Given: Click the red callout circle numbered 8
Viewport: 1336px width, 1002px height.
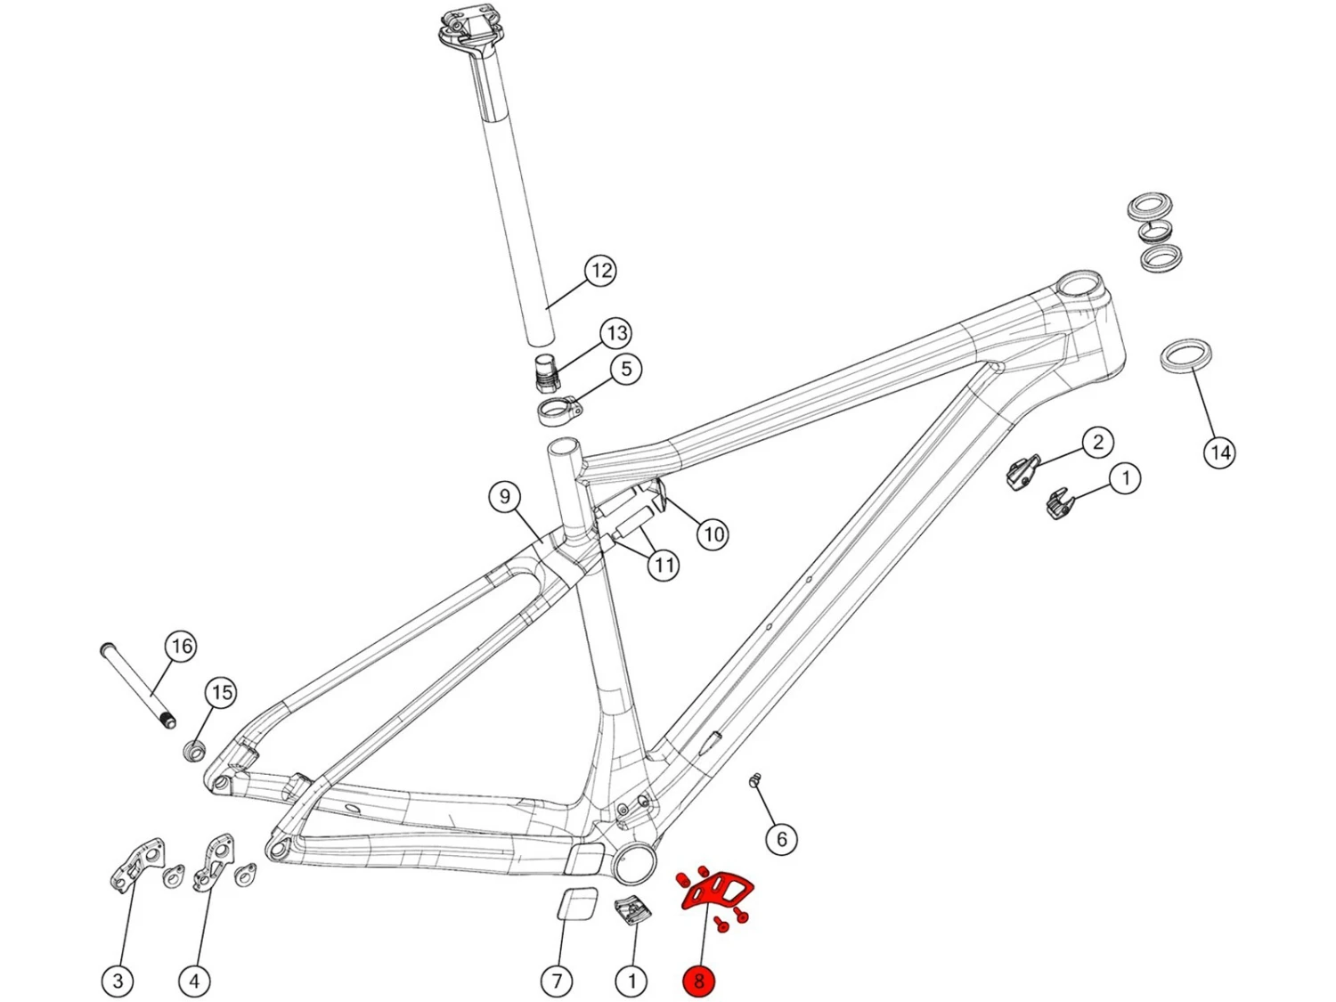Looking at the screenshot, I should pos(698,981).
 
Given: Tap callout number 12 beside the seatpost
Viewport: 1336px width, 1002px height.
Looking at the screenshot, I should pos(601,271).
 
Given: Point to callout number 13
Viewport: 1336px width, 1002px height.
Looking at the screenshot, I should pos(616,334).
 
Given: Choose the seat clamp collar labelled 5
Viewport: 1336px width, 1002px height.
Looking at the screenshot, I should pos(558,411).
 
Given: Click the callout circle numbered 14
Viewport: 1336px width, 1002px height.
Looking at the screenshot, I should pos(1219,452).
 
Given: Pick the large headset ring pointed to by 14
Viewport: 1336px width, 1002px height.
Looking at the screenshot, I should pos(1186,354).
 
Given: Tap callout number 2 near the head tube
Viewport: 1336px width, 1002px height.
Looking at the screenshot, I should pos(1097,442).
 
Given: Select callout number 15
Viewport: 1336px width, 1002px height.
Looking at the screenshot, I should pos(222,692).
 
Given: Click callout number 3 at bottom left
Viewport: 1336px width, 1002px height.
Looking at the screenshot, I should pos(118,981).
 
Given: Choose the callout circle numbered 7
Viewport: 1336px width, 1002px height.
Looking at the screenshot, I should pos(557,981).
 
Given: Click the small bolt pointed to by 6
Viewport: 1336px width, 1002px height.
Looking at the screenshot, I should pos(755,781).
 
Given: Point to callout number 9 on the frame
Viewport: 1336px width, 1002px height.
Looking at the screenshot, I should pos(505,496).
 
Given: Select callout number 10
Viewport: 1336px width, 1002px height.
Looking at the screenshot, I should pos(713,534).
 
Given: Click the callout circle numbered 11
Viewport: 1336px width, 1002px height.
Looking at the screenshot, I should pos(664,565).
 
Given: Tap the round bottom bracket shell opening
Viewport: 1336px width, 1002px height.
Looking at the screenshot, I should pos(634,862).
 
